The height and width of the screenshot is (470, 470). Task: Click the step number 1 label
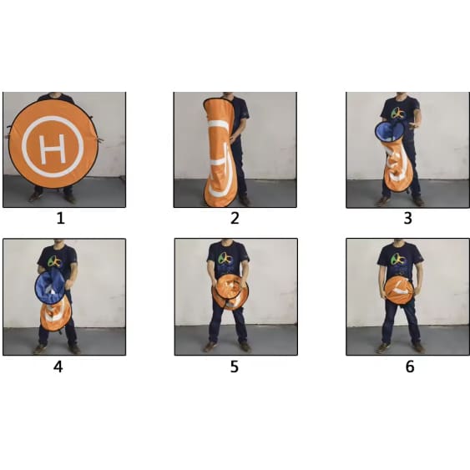click(x=61, y=218)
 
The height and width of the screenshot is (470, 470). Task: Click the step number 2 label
click(x=235, y=218)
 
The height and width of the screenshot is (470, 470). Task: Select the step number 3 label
click(x=407, y=218)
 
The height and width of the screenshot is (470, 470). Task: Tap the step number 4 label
click(x=58, y=366)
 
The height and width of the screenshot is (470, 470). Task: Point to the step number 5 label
click(x=235, y=366)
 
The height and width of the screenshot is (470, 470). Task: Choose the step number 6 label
click(x=410, y=366)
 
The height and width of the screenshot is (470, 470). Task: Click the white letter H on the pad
click(x=53, y=149)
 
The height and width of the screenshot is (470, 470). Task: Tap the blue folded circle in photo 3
click(x=390, y=132)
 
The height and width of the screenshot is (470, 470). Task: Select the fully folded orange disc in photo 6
click(x=399, y=291)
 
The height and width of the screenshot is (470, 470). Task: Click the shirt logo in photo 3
click(x=399, y=114)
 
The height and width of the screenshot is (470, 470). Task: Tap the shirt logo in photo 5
click(x=225, y=259)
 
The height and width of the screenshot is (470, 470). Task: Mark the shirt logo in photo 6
click(x=399, y=260)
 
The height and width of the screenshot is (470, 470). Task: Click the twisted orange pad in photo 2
click(x=218, y=152)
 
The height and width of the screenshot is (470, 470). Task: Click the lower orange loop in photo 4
click(x=56, y=317)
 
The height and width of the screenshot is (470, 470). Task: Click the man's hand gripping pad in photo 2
click(x=233, y=137)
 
